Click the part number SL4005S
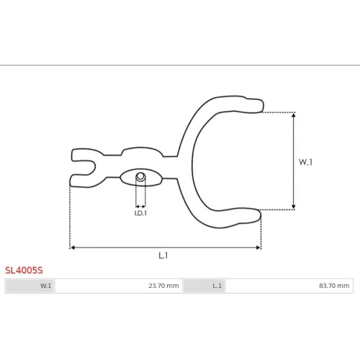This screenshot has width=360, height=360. click(x=24, y=271)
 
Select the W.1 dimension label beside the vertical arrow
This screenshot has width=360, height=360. click(x=305, y=162)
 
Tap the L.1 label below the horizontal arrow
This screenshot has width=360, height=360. click(x=163, y=256)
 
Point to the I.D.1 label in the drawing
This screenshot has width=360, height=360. click(x=140, y=213)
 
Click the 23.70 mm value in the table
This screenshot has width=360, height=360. click(x=163, y=286)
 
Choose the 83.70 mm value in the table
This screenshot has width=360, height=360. click(x=334, y=286)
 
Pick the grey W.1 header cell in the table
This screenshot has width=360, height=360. click(x=30, y=286)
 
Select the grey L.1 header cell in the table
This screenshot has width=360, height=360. click(x=204, y=286)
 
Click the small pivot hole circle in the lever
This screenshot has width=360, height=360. click(x=140, y=176)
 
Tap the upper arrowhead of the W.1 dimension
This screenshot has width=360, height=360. click(x=294, y=115)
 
